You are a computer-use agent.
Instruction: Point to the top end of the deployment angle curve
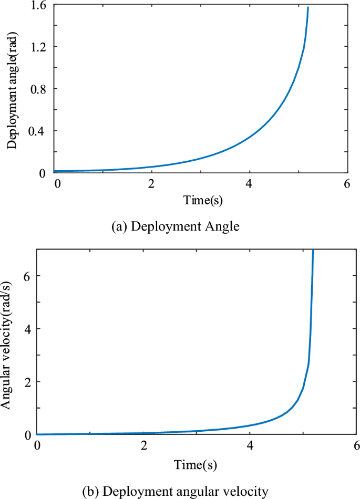pyautogui.click(x=307, y=8)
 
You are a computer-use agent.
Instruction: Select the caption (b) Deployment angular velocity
pyautogui.click(x=176, y=491)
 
